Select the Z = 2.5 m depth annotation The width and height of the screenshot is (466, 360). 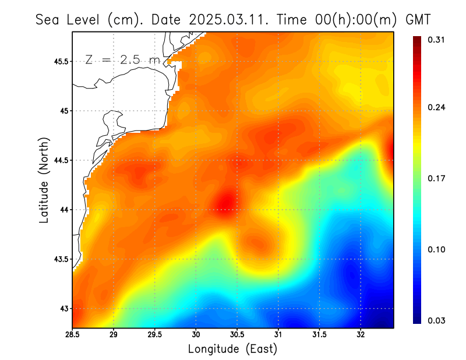click(x=122, y=59)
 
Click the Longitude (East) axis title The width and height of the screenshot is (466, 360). click(x=232, y=349)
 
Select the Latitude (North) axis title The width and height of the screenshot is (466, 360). click(x=44, y=179)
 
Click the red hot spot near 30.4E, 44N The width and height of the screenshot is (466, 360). click(x=225, y=202)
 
